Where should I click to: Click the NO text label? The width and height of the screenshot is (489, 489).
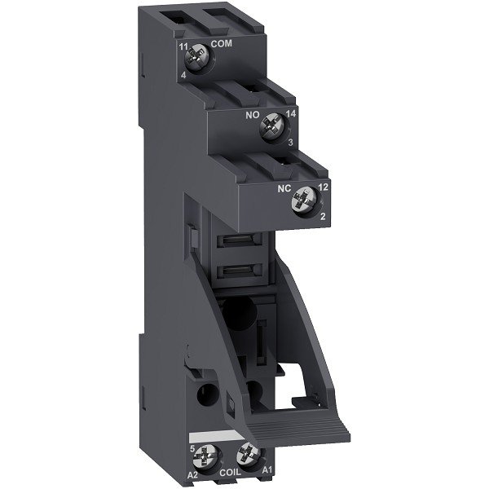[253, 117]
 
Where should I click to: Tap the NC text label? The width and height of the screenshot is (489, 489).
[285, 187]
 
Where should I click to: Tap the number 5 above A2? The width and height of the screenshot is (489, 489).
[192, 445]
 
